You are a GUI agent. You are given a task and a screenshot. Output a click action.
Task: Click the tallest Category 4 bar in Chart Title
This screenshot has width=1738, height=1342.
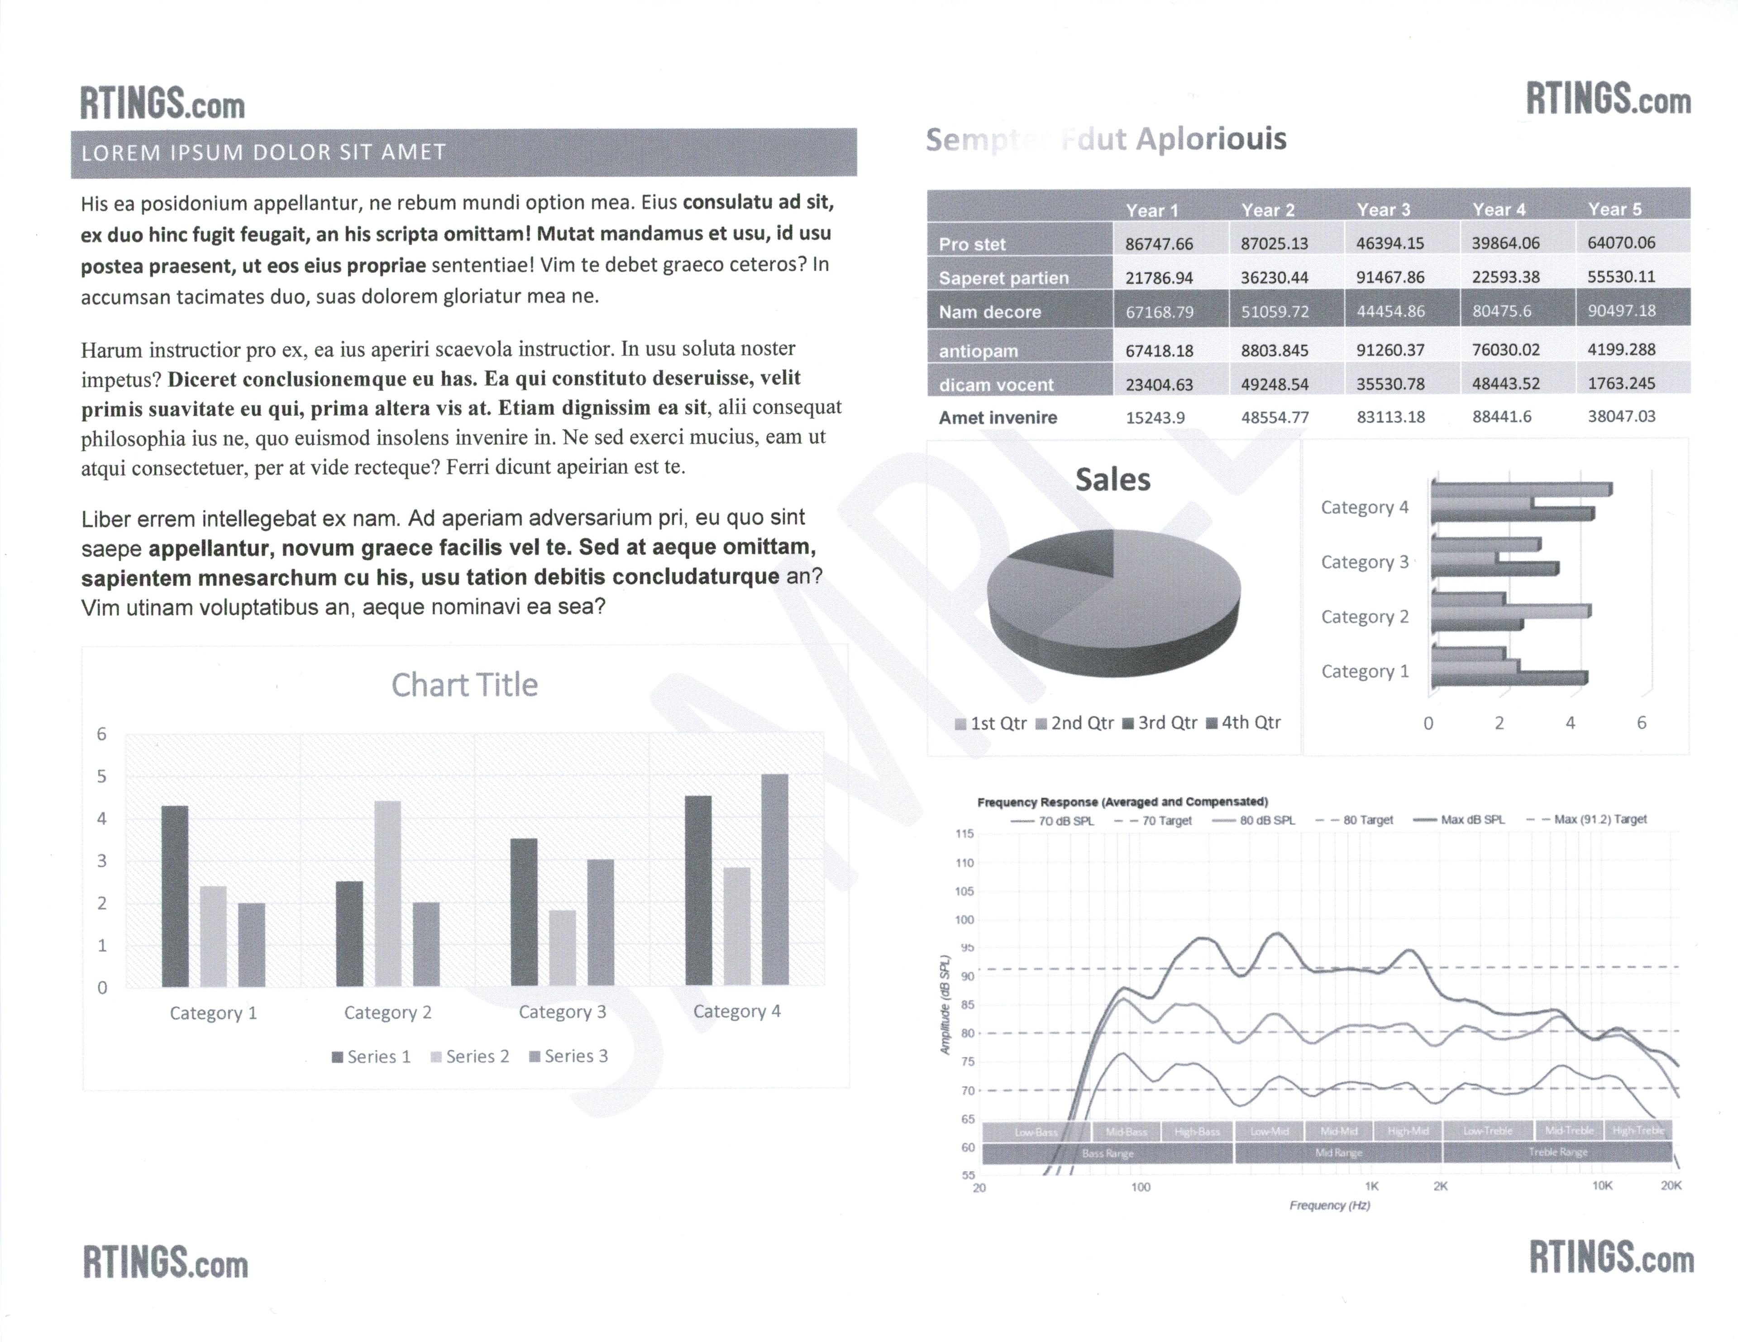774,879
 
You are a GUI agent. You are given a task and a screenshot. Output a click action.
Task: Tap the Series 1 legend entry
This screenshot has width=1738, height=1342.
372,1056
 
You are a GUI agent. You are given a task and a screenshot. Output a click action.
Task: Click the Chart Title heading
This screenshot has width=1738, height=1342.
465,685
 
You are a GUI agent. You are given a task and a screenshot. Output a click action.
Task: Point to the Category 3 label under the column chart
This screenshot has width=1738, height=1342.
562,1012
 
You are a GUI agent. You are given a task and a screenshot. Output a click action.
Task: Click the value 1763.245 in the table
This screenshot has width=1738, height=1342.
1621,383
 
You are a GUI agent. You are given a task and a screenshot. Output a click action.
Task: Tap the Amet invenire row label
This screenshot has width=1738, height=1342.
998,418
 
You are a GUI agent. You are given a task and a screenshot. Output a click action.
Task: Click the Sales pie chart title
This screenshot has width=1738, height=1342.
1113,480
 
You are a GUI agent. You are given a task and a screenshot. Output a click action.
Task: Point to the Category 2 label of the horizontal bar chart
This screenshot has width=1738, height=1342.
1365,617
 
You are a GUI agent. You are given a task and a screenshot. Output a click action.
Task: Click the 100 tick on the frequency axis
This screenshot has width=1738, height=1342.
1141,1187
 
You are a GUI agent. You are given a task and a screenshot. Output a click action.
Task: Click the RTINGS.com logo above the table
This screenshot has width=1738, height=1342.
1608,101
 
